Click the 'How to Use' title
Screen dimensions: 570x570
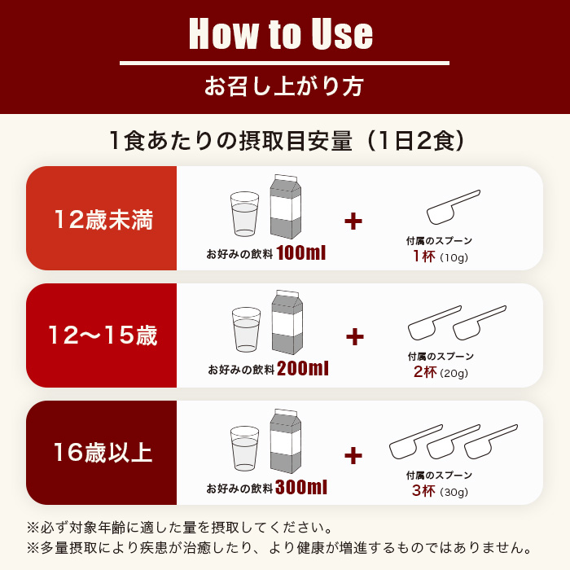click(281, 34)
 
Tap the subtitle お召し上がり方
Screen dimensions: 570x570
click(284, 85)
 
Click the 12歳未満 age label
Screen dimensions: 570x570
click(103, 219)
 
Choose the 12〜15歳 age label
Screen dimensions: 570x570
click(103, 335)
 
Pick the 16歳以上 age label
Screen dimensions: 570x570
click(103, 452)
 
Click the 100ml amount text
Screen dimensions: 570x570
click(300, 253)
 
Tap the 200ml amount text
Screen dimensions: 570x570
click(302, 369)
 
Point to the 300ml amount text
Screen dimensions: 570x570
click(301, 488)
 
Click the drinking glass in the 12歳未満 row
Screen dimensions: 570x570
click(244, 213)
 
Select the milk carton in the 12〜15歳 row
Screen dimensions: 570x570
click(287, 324)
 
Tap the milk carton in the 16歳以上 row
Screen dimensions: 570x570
click(285, 441)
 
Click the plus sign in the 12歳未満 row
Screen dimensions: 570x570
click(353, 221)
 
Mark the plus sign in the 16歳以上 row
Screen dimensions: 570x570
click(353, 455)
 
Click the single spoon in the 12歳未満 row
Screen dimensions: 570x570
click(452, 206)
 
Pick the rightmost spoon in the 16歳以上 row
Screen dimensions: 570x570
click(490, 440)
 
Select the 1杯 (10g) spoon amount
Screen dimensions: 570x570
click(440, 257)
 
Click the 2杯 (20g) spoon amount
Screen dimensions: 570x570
click(440, 374)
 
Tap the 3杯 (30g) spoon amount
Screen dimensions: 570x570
click(440, 491)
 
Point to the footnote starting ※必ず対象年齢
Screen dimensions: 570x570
click(179, 528)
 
